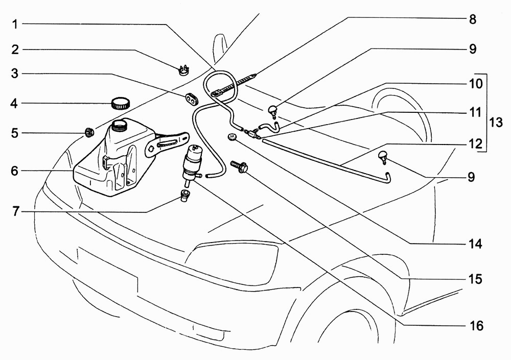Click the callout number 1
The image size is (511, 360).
[x=15, y=24]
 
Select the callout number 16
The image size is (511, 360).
[x=476, y=325]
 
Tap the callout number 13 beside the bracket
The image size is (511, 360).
[x=496, y=123]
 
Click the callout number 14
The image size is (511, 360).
[x=475, y=244]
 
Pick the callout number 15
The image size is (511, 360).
[x=475, y=279]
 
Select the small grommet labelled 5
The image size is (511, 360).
[x=89, y=133]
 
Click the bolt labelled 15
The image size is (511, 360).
[x=240, y=166]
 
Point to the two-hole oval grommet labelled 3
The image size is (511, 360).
[x=191, y=99]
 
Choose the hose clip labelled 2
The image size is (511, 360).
[x=184, y=70]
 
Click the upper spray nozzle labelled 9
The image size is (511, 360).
[x=272, y=110]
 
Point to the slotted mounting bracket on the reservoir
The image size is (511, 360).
[x=167, y=144]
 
